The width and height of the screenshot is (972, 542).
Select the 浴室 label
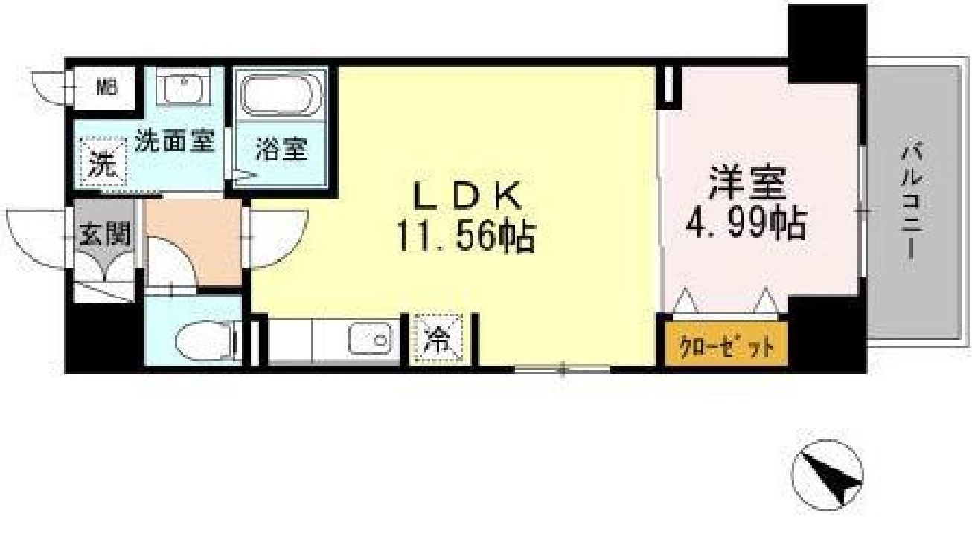[281, 149]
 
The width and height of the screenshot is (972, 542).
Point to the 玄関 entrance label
[104, 235]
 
